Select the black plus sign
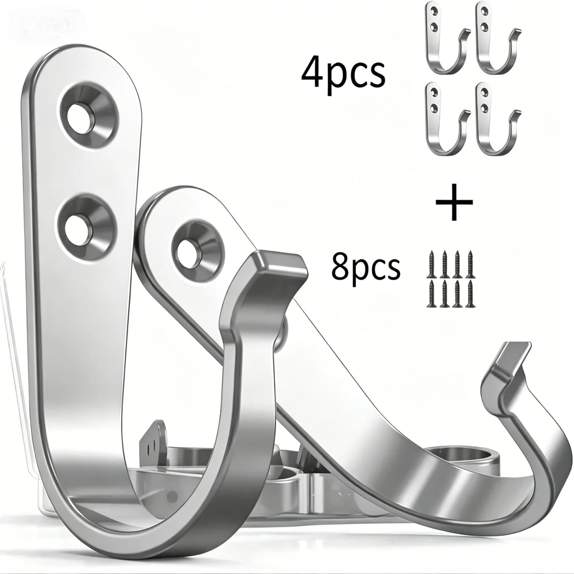point(454,202)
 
